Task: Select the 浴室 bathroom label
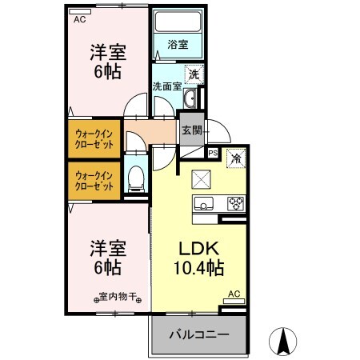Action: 178,45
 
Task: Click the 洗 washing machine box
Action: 194,74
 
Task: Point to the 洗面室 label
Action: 166,83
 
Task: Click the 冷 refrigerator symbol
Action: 235,158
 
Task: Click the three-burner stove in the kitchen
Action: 235,202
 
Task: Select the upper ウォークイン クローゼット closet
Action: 94,138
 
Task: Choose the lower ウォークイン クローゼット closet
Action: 94,180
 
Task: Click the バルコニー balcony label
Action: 198,335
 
